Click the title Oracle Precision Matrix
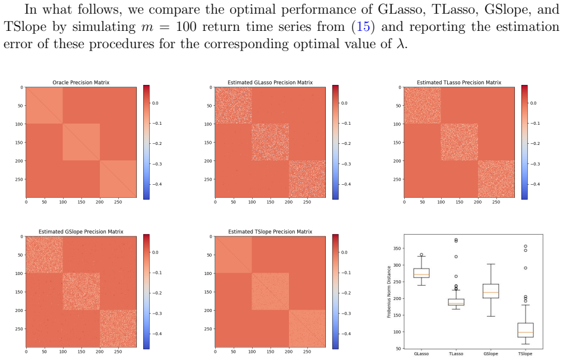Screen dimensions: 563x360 [x=81, y=83]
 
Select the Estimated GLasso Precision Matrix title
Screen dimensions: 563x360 [x=270, y=83]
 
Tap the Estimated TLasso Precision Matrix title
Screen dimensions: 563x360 [x=459, y=83]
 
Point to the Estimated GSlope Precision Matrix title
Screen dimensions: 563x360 [x=81, y=232]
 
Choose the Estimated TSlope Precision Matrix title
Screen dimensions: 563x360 [x=270, y=232]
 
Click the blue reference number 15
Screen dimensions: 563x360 [x=363, y=27]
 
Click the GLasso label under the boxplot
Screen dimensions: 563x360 [x=421, y=354]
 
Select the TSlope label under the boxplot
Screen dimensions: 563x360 [x=526, y=354]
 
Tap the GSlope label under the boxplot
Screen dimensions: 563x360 [x=491, y=354]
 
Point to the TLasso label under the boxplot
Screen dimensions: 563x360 [x=456, y=354]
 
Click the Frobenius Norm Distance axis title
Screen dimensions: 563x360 [x=389, y=292]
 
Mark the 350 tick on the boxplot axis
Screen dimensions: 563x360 [x=398, y=248]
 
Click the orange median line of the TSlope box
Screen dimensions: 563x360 [x=526, y=332]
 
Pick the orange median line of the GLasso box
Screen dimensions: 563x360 [x=421, y=274]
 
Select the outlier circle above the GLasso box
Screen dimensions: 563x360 [x=422, y=254]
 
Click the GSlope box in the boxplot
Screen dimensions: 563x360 [x=491, y=291]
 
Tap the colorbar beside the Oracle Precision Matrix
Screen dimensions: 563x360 [x=146, y=142]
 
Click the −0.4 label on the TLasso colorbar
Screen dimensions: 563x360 [x=535, y=184]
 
